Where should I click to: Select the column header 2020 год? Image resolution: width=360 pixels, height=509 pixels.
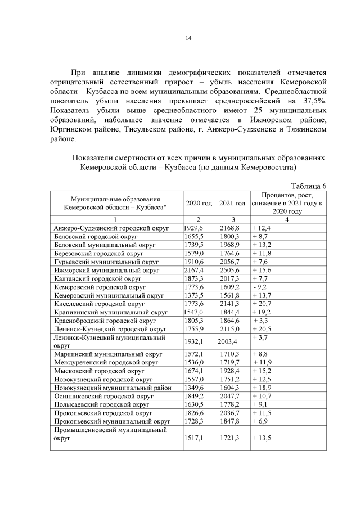199,203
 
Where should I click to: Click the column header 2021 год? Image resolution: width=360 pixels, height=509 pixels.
232,203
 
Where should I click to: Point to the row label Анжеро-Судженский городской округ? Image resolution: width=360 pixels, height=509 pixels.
110,228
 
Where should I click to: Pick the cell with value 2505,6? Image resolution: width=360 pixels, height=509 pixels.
231,270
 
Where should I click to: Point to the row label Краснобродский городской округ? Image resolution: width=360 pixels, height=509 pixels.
105,321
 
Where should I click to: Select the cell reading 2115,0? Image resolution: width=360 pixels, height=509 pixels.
231,329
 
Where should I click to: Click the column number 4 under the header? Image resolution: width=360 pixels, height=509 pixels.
287,219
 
